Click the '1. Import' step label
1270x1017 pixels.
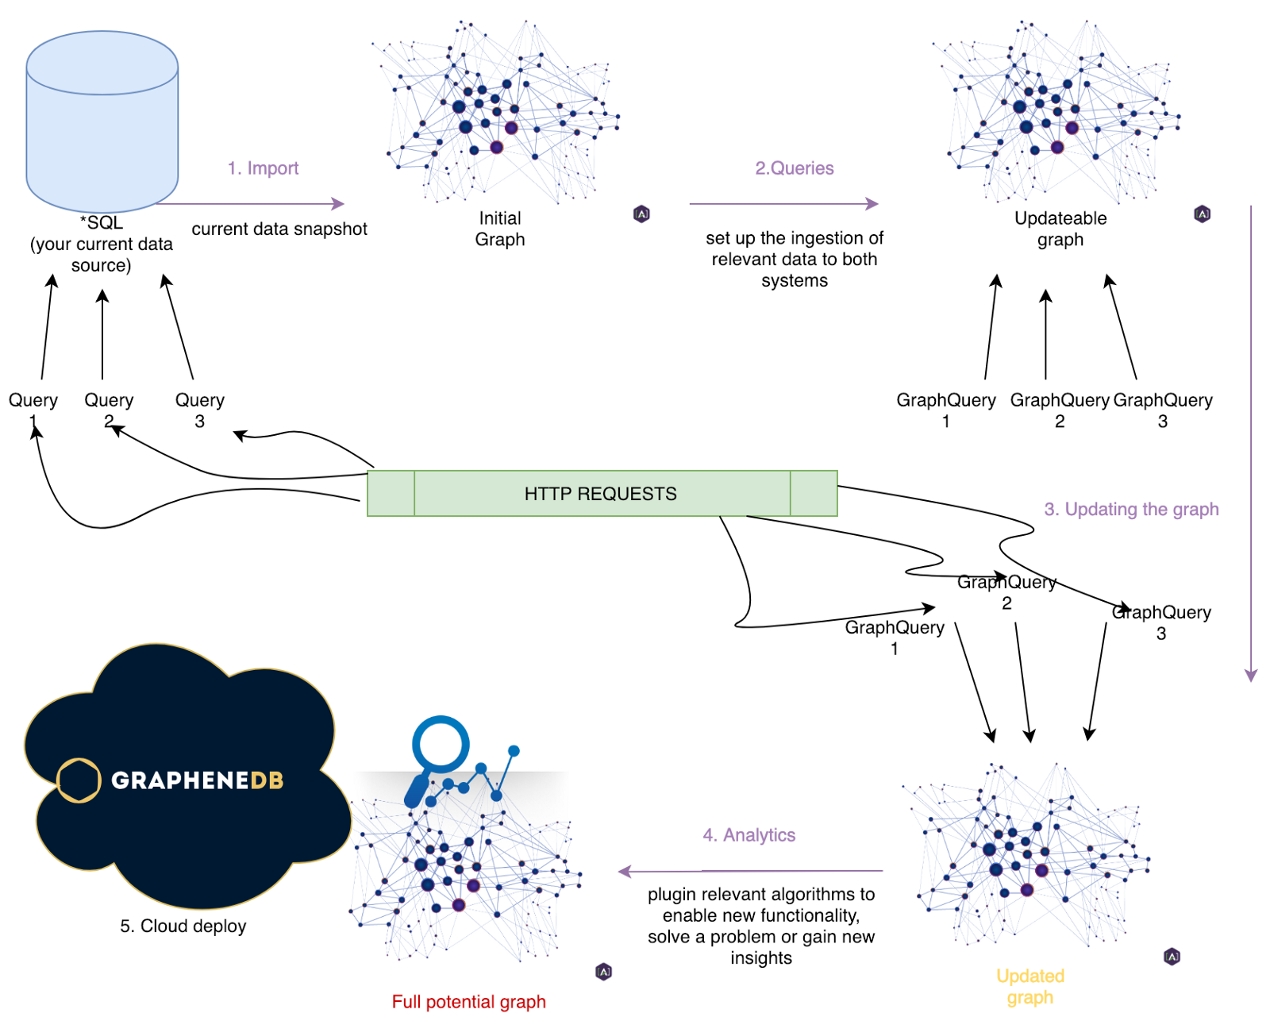coord(263,168)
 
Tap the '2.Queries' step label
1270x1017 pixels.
coord(794,168)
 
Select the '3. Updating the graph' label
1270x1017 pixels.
coord(1130,510)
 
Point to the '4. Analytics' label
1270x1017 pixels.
coord(749,835)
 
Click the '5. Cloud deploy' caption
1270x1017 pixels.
coord(183,926)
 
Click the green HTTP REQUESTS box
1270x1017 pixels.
coord(601,494)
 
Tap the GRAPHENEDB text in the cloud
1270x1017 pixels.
coord(197,780)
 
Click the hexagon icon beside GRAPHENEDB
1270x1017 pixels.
coord(79,780)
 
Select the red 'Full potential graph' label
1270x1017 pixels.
coord(468,1002)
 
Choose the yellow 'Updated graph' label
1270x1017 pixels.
coord(1029,987)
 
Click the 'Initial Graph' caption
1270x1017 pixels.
coord(500,229)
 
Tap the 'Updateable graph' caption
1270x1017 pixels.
coord(1060,229)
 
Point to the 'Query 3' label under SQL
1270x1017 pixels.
coord(199,410)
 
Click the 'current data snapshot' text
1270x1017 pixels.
coord(279,229)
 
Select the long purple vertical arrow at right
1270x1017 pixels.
coord(1250,445)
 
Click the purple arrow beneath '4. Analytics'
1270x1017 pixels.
coord(750,871)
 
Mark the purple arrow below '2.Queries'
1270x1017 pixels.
coord(783,204)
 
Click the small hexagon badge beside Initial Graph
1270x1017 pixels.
coord(641,214)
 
